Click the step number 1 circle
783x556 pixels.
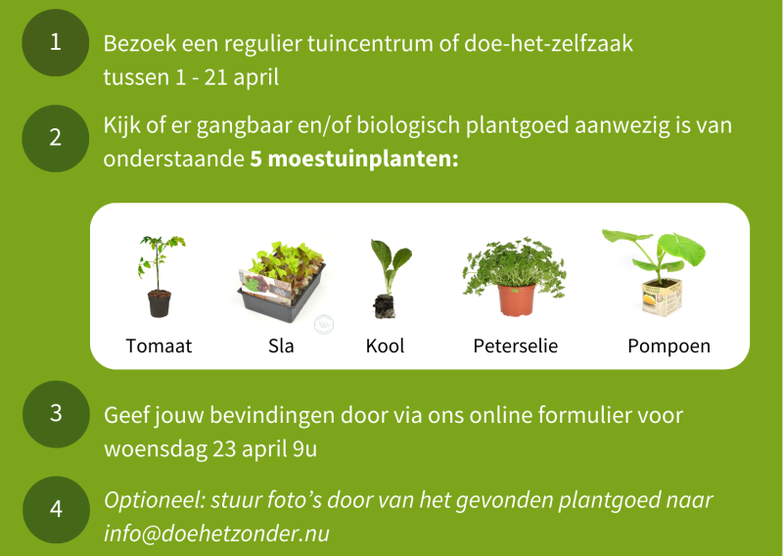(56, 42)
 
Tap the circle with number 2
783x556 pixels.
(56, 138)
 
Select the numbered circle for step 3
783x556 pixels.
(56, 413)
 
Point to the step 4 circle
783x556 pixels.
(56, 509)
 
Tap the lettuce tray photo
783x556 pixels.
(282, 279)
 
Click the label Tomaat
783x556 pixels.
(160, 347)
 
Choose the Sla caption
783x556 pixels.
(282, 347)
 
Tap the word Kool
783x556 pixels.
(385, 347)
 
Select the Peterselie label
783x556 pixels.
(515, 347)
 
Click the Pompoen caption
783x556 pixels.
(668, 347)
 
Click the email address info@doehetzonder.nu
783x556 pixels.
(216, 534)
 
